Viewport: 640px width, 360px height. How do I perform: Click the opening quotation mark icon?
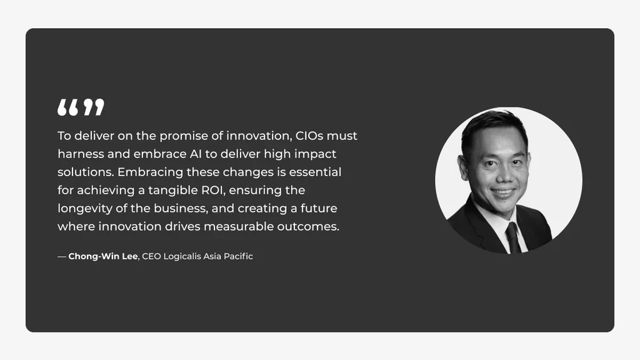click(69, 107)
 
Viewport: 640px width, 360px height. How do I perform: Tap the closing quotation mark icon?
click(94, 107)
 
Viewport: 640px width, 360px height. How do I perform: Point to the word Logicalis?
click(182, 256)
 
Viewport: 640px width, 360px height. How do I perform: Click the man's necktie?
click(513, 237)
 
